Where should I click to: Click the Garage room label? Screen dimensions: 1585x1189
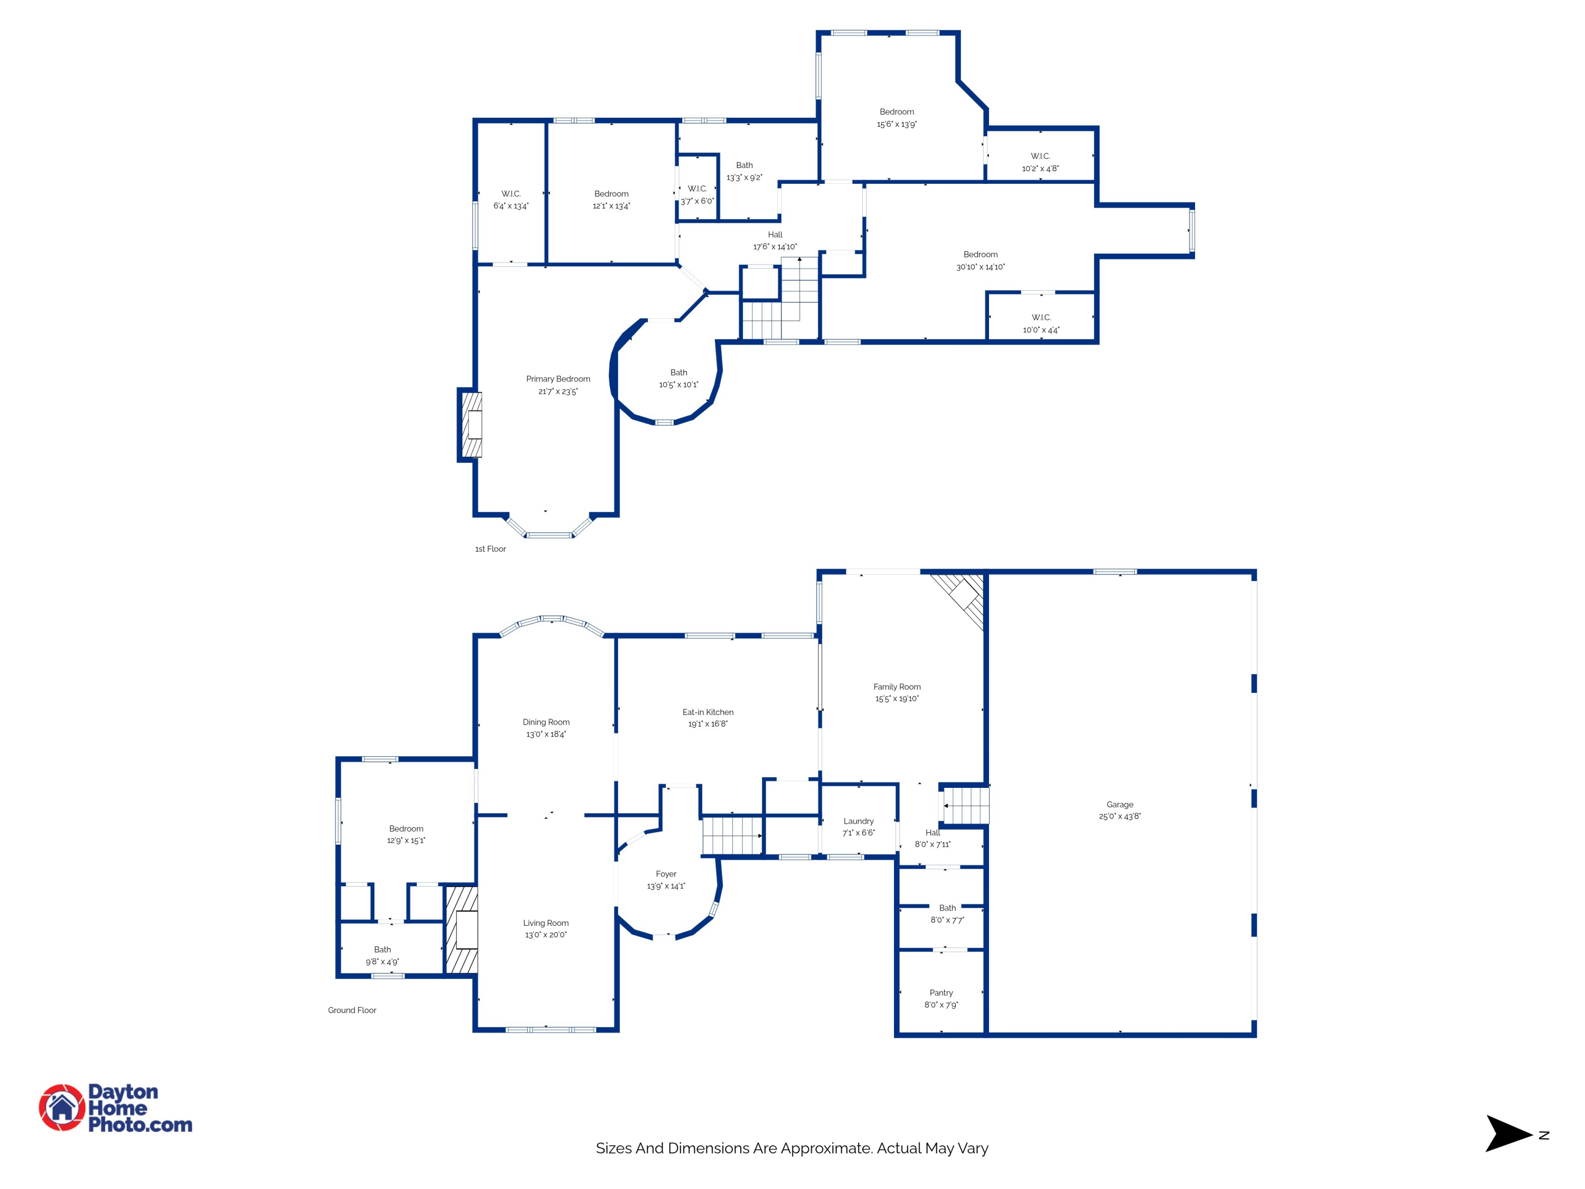(x=1120, y=804)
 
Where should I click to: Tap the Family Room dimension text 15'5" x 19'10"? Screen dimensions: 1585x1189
(x=897, y=699)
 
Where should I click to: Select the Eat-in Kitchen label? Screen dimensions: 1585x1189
(x=708, y=712)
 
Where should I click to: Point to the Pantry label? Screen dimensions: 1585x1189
(x=941, y=992)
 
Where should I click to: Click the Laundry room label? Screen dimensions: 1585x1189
(x=859, y=821)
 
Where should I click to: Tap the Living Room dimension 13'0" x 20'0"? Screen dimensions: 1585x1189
(x=546, y=935)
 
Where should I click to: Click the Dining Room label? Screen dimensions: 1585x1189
(x=546, y=722)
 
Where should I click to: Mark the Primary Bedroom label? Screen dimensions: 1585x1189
(x=558, y=378)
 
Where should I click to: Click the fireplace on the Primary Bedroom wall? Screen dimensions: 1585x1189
(x=470, y=424)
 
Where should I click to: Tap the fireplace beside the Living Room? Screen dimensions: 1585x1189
(x=462, y=930)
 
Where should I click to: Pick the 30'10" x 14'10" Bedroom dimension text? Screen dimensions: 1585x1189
(x=981, y=267)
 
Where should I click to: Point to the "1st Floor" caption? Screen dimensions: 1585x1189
(x=490, y=549)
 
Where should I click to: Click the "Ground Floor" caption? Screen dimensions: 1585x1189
(x=352, y=1010)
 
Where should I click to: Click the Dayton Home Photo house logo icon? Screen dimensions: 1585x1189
(x=62, y=1107)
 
